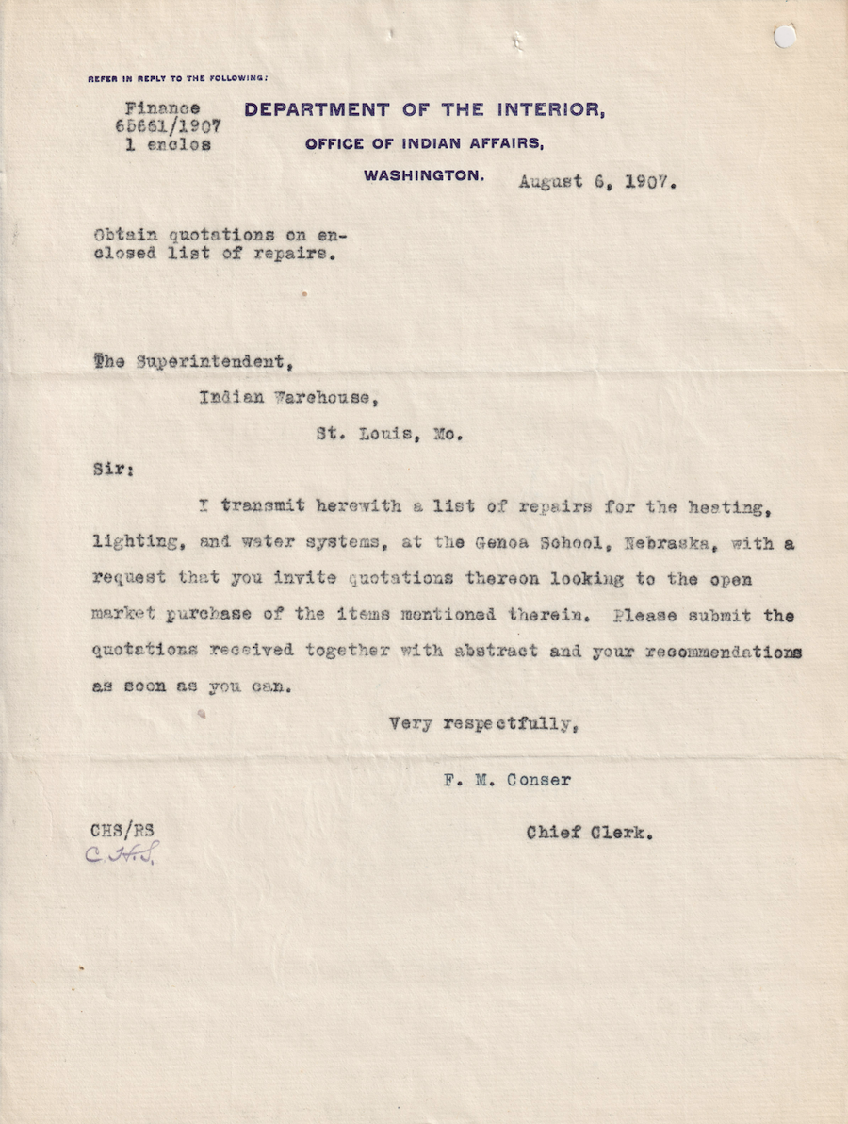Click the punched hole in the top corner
[784, 37]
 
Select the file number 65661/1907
[168, 126]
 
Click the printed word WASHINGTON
[424, 175]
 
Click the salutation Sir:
[111, 469]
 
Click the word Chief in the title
[554, 833]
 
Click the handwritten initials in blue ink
[122, 854]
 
